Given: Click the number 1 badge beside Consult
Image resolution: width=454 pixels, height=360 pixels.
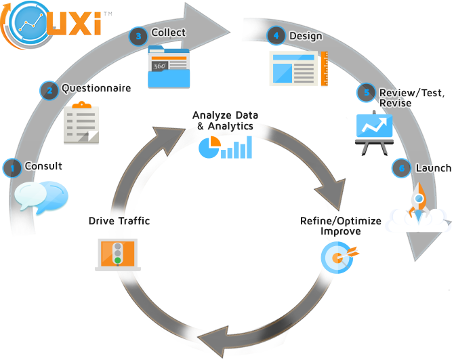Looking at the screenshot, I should tap(12, 167).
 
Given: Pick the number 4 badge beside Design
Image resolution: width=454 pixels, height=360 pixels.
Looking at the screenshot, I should tap(275, 37).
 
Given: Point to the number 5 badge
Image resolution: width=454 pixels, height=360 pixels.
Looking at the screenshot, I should tap(367, 92).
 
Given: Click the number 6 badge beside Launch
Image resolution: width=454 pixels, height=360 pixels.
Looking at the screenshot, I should tap(400, 169).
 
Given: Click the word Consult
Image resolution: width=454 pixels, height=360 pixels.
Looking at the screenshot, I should tap(44, 166).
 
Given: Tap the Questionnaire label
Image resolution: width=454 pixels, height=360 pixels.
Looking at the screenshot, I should tap(96, 88).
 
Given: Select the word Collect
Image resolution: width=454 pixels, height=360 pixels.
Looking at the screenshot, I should tap(169, 33).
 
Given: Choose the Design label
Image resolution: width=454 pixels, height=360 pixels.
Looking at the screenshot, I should tap(306, 37).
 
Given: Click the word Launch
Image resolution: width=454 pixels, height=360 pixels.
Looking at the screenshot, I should tap(433, 168).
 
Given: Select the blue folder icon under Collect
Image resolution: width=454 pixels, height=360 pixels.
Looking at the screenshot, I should tap(169, 68).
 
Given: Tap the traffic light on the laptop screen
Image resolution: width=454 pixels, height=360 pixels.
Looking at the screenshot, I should tap(118, 252).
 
